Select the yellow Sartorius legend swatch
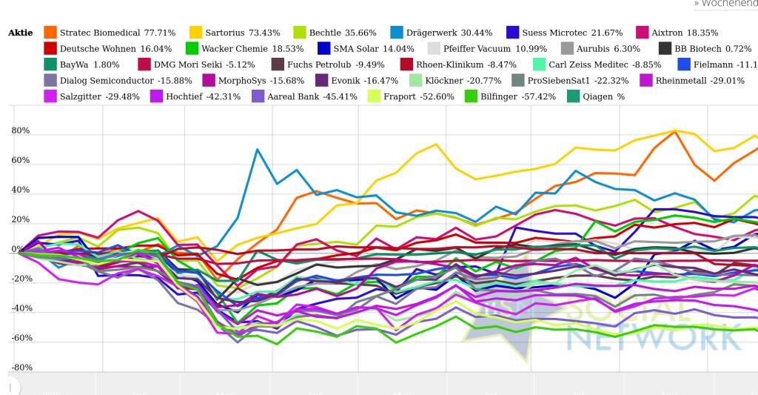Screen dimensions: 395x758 click(x=196, y=33)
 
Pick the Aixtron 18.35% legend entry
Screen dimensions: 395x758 click(x=685, y=33)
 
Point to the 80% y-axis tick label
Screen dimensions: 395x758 click(x=21, y=131)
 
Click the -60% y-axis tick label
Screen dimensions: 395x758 click(x=21, y=338)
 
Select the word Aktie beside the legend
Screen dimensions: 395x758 click(x=21, y=33)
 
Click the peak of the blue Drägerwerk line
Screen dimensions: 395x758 click(x=258, y=150)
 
